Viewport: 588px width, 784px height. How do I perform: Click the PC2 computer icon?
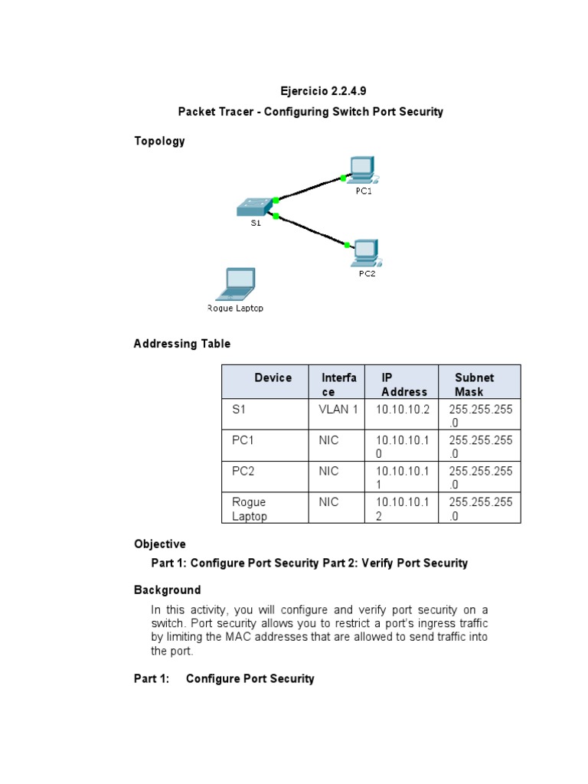365,252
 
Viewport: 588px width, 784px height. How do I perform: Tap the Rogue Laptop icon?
236,285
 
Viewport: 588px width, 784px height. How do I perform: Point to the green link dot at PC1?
343,178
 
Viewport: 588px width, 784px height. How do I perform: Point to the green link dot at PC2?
348,245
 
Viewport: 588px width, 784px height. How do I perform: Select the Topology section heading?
159,141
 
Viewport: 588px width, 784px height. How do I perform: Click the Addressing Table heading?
182,344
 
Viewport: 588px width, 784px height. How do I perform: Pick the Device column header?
273,377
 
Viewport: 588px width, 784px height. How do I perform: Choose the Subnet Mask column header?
475,384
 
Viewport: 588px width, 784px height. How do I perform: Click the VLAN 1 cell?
338,410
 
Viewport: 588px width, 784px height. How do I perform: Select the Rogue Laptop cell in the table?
250,509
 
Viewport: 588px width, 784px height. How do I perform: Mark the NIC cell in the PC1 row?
329,440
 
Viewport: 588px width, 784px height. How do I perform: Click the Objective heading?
159,544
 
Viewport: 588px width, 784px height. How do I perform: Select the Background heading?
167,590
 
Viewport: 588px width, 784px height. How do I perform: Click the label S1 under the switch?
256,224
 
